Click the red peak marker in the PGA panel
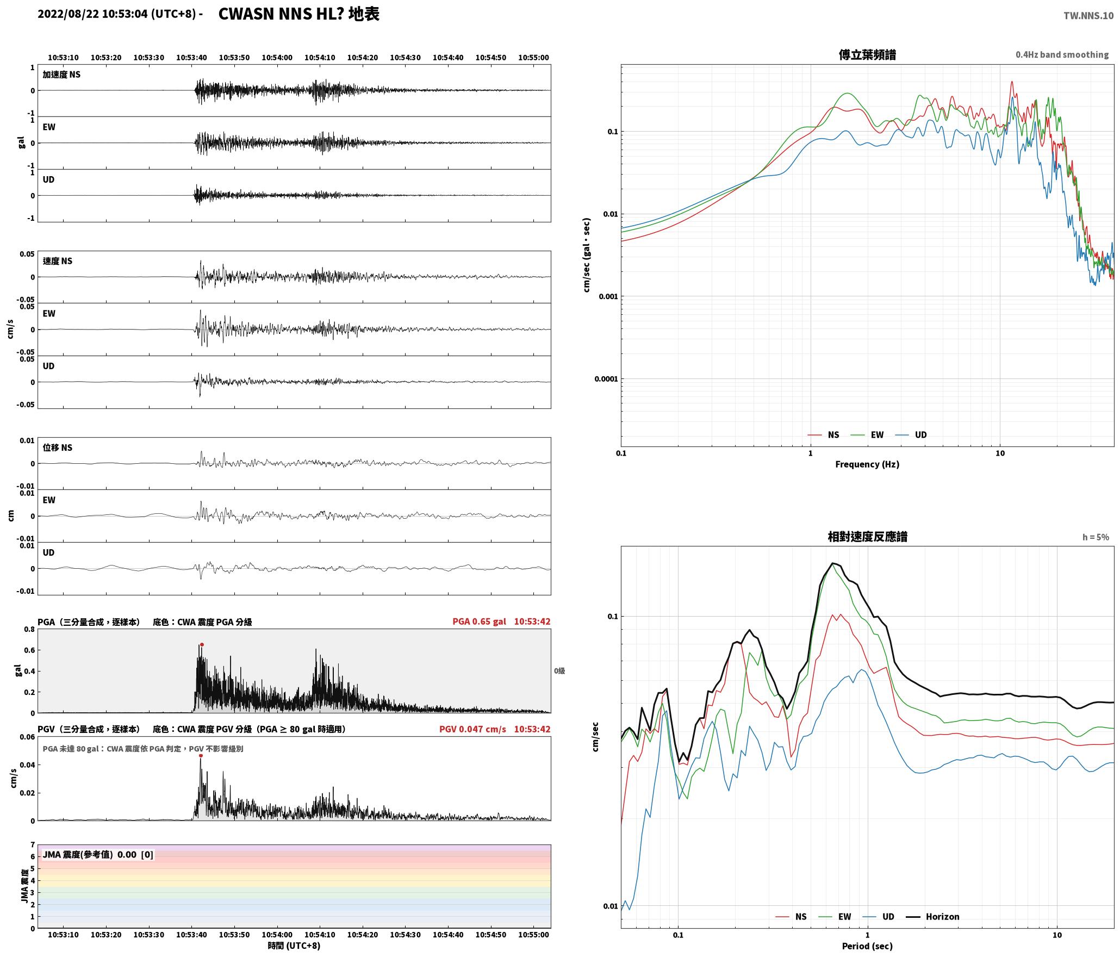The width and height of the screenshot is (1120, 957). pyautogui.click(x=202, y=645)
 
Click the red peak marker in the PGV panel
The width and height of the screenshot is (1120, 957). pyautogui.click(x=201, y=756)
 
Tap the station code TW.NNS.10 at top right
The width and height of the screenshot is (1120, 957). pyautogui.click(x=1088, y=16)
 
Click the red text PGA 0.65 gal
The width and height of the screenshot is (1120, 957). pyautogui.click(x=479, y=622)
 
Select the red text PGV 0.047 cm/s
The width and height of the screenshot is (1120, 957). pyautogui.click(x=472, y=729)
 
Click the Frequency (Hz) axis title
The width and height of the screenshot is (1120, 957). pyautogui.click(x=867, y=464)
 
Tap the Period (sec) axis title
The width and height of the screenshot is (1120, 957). pyautogui.click(x=867, y=946)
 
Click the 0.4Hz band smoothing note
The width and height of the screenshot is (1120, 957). pyautogui.click(x=1062, y=55)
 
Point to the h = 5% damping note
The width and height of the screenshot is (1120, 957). pyautogui.click(x=1096, y=537)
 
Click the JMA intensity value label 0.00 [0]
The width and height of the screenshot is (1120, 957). pyautogui.click(x=135, y=855)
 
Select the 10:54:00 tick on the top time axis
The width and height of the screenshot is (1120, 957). pyautogui.click(x=277, y=58)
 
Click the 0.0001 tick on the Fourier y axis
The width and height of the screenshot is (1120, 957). pyautogui.click(x=606, y=379)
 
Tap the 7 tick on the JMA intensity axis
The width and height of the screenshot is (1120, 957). pyautogui.click(x=33, y=845)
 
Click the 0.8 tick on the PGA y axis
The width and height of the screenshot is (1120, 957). pyautogui.click(x=29, y=630)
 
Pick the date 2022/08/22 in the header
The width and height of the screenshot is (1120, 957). pyautogui.click(x=69, y=14)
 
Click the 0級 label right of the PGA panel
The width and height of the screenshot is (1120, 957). pyautogui.click(x=559, y=671)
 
